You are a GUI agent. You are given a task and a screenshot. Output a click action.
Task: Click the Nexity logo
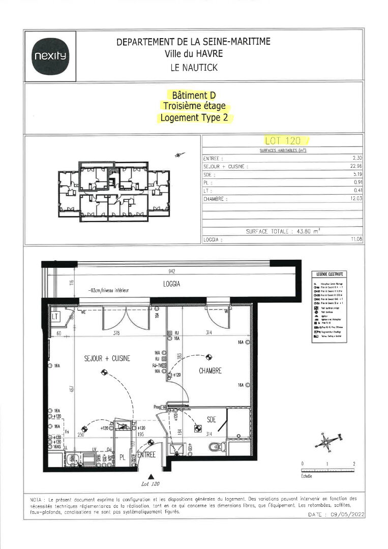tap(50, 55)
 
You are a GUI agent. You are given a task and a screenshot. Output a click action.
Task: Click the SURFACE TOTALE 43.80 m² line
tap(283, 231)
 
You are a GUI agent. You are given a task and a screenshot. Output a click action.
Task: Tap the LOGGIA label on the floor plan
tap(172, 285)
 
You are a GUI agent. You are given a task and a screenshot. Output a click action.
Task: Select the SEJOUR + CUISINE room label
tap(107, 358)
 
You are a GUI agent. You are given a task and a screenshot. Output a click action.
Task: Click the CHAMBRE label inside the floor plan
tap(210, 371)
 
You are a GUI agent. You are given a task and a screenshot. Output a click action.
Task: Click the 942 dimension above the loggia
tap(175, 272)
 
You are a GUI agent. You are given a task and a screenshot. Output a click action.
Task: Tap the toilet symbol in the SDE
tap(218, 447)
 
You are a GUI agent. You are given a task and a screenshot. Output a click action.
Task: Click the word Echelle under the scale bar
tap(307, 476)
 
